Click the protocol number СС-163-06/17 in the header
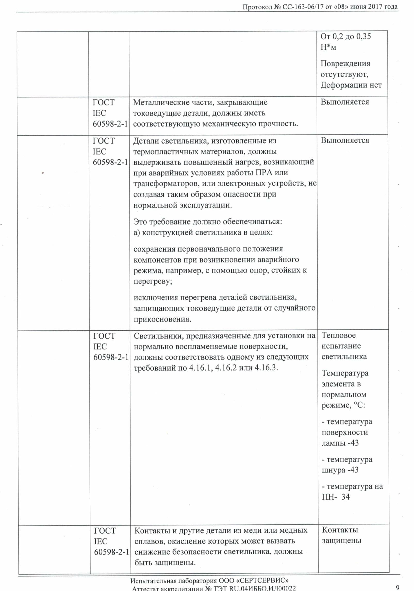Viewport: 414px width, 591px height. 303,7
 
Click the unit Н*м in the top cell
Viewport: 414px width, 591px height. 328,47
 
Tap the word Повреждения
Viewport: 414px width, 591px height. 345,63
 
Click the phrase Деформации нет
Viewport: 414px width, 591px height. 351,85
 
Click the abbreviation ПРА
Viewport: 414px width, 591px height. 264,173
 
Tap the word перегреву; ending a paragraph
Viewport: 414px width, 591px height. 153,281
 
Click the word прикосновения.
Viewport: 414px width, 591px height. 162,319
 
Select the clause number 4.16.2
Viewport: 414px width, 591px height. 226,368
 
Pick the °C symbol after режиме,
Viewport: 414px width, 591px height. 359,405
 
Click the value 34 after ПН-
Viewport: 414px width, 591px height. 345,497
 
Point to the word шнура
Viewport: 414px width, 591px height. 334,470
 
